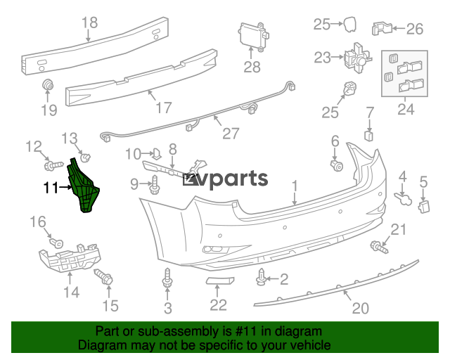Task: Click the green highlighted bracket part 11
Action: pyautogui.click(x=83, y=186)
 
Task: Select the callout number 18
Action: pyautogui.click(x=89, y=22)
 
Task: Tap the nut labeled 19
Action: pyautogui.click(x=48, y=84)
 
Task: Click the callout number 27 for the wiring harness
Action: pyautogui.click(x=231, y=134)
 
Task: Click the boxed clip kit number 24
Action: pyautogui.click(x=406, y=110)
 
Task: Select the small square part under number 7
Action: pyautogui.click(x=368, y=136)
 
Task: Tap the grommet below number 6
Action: pyautogui.click(x=337, y=166)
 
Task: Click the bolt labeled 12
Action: pyautogui.click(x=53, y=166)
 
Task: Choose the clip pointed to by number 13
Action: pyautogui.click(x=85, y=157)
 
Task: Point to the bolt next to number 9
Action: pyautogui.click(x=154, y=185)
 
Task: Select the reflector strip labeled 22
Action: pyautogui.click(x=220, y=280)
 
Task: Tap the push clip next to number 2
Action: pyautogui.click(x=261, y=277)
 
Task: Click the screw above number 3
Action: pyautogui.click(x=167, y=278)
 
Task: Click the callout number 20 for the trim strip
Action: pyautogui.click(x=361, y=308)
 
